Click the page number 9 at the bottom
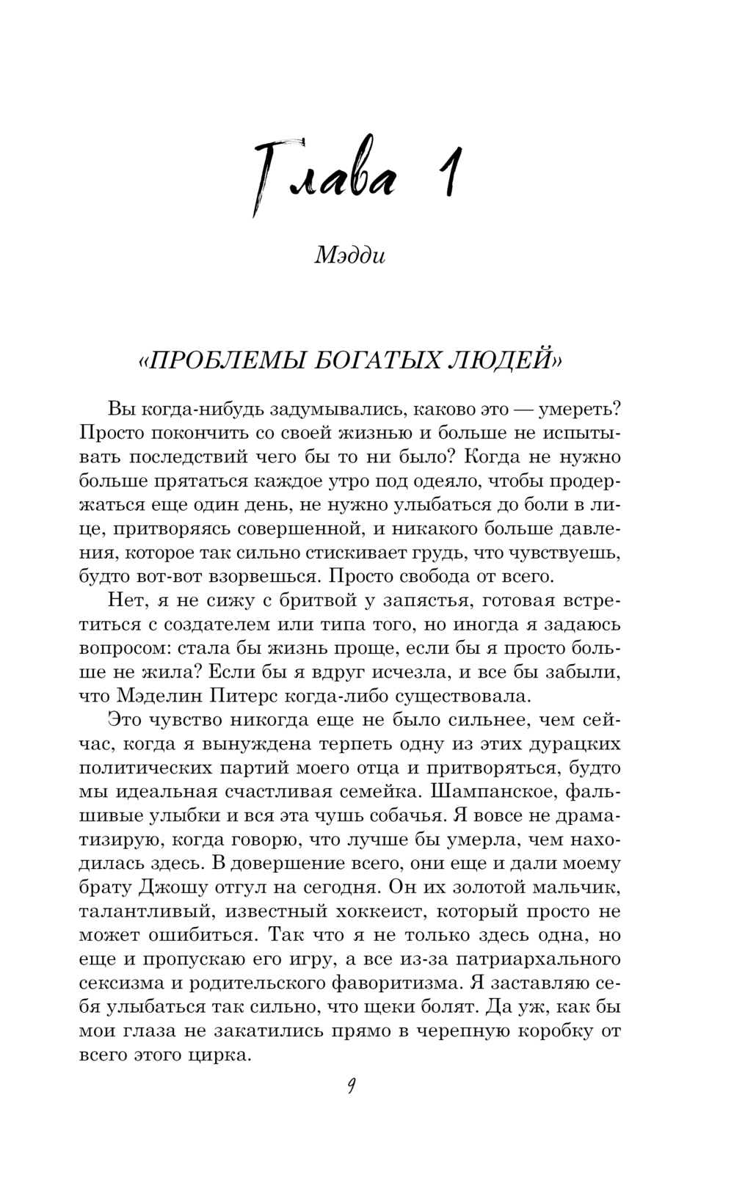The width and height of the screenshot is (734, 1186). tap(352, 1087)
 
